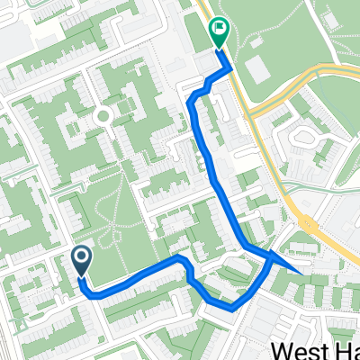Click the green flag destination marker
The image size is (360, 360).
219,32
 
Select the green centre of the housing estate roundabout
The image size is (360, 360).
102,115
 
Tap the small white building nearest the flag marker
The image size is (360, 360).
254,40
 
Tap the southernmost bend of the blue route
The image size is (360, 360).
232,308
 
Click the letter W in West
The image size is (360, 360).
281,349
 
